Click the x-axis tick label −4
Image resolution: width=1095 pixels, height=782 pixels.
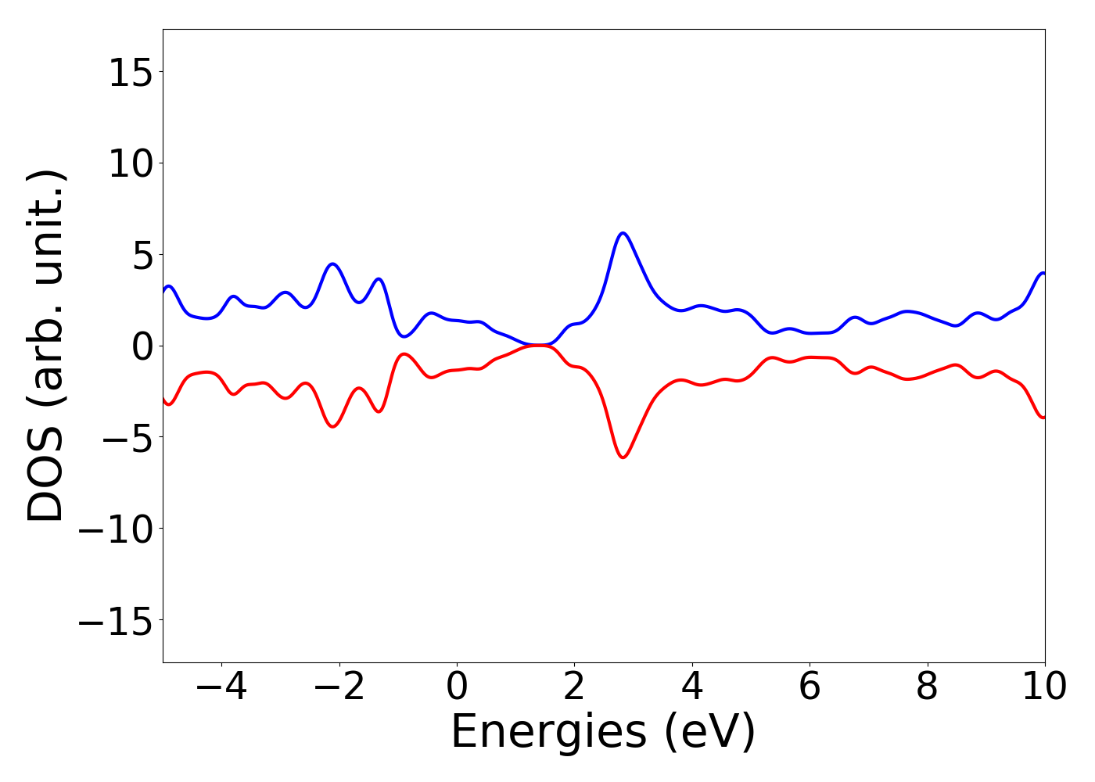click(x=221, y=687)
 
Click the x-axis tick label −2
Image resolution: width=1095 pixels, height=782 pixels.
click(x=339, y=687)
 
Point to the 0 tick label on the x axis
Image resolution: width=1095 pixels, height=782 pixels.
click(x=457, y=687)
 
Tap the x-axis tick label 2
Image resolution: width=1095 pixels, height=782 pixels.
click(x=574, y=687)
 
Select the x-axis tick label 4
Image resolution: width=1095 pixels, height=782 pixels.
click(x=692, y=687)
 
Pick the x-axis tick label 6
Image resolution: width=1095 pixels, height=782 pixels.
click(x=810, y=687)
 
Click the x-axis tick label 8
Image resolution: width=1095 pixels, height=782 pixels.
click(x=927, y=687)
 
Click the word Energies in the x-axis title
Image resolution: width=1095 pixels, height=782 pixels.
click(x=548, y=733)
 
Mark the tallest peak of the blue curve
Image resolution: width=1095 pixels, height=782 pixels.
click(x=623, y=233)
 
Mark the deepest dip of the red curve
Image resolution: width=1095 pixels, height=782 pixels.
click(x=623, y=457)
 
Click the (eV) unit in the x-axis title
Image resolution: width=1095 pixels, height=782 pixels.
click(x=709, y=733)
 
